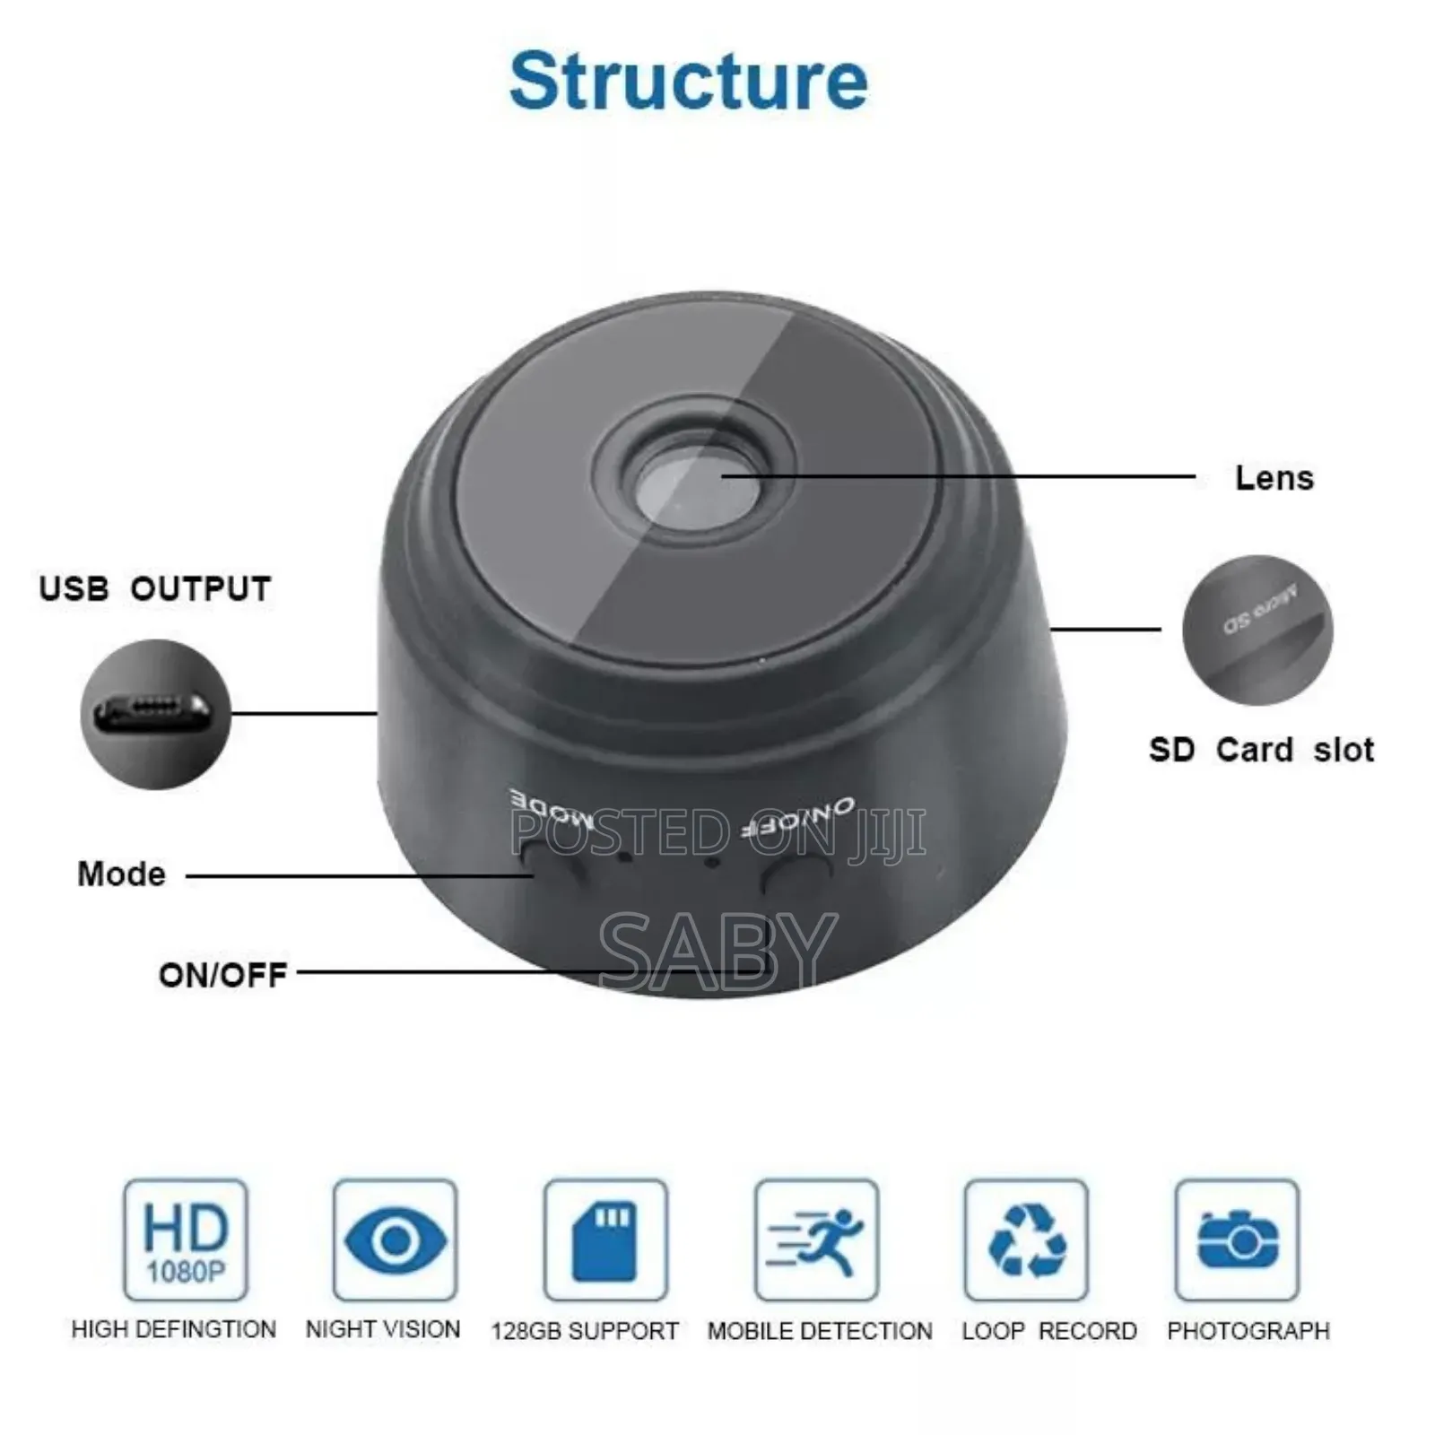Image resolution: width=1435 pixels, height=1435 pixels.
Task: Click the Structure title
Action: pos(688,82)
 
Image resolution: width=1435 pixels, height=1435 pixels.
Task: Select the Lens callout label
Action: pos(1274,478)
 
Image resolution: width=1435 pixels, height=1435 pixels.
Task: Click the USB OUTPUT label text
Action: pos(155,589)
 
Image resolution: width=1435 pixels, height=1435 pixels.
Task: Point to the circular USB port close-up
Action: pos(156,714)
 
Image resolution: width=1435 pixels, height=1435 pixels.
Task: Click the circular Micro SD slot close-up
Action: pos(1257,630)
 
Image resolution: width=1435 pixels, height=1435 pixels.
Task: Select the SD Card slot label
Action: pos(1261,750)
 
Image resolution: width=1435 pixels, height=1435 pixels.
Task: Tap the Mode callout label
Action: pos(122,874)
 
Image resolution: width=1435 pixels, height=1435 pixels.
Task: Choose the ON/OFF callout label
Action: pos(222,975)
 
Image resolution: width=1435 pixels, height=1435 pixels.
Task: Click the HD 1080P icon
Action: pos(186,1240)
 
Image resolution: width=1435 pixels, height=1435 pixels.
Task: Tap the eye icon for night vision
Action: pos(395,1240)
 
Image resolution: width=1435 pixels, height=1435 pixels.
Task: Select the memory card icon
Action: pos(605,1240)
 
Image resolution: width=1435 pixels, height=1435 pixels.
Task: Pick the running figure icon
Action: pos(816,1240)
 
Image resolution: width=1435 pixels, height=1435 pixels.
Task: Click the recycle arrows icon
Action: pos(1026,1240)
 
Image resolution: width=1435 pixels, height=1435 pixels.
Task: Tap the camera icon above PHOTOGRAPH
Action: pos(1237,1240)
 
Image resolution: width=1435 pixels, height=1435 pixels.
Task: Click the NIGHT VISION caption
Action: pos(383,1329)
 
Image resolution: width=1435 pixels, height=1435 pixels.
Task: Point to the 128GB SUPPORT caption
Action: pos(585,1331)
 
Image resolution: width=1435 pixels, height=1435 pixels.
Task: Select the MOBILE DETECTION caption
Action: pos(820,1331)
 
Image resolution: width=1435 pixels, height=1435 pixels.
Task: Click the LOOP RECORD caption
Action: pos(1049,1331)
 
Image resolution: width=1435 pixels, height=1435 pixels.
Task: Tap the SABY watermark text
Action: pos(717,951)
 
